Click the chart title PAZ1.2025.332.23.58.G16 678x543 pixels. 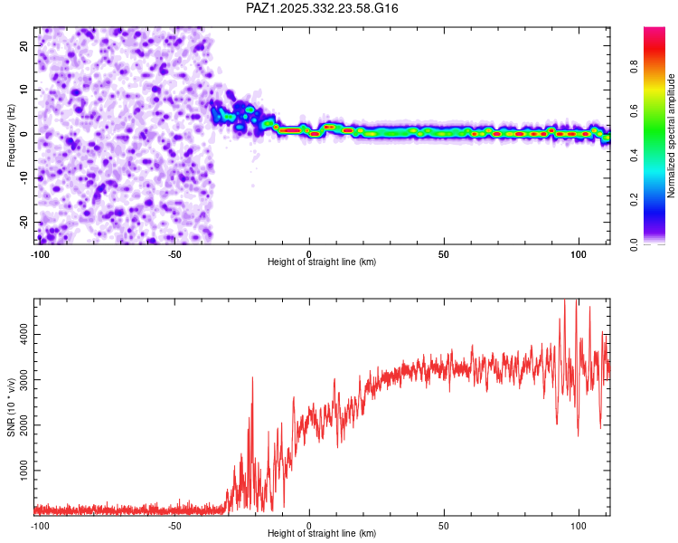[x=323, y=8]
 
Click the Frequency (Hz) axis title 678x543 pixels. [x=11, y=136]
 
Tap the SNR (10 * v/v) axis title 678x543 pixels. [x=11, y=406]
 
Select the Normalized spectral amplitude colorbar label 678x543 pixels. [x=671, y=136]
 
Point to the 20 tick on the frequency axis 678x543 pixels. [x=24, y=45]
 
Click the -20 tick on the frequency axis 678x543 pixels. [x=23, y=223]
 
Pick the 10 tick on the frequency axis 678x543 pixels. [x=24, y=90]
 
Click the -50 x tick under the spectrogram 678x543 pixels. [x=174, y=253]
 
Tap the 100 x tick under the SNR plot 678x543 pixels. [x=579, y=525]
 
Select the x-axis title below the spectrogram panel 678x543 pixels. [x=323, y=262]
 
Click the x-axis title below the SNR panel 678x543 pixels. [x=323, y=534]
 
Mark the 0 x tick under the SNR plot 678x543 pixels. [x=309, y=525]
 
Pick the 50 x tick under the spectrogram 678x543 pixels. [x=444, y=253]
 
